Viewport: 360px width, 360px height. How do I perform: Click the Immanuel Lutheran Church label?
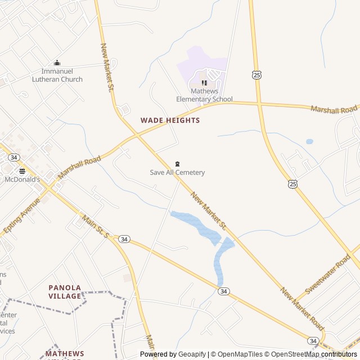(62, 75)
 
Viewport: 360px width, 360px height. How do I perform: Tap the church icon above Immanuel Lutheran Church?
(57, 63)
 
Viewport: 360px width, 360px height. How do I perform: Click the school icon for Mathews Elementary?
(205, 83)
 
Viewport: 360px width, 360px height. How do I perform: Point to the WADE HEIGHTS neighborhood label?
(170, 120)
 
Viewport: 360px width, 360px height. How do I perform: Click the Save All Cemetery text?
(177, 173)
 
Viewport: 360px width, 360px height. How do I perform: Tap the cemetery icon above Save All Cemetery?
(177, 164)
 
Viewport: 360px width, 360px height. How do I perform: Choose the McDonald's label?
(22, 179)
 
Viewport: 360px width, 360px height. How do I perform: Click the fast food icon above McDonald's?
(22, 171)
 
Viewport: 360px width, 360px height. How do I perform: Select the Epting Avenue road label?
(21, 215)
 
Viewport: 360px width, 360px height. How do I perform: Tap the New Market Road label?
(303, 309)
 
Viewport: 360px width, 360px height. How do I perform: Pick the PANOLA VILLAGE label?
(65, 291)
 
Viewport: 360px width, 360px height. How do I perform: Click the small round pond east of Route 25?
(309, 142)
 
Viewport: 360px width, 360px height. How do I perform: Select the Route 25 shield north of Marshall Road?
(256, 75)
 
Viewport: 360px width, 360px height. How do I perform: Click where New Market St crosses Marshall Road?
(137, 135)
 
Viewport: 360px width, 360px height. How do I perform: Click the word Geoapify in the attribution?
(192, 354)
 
